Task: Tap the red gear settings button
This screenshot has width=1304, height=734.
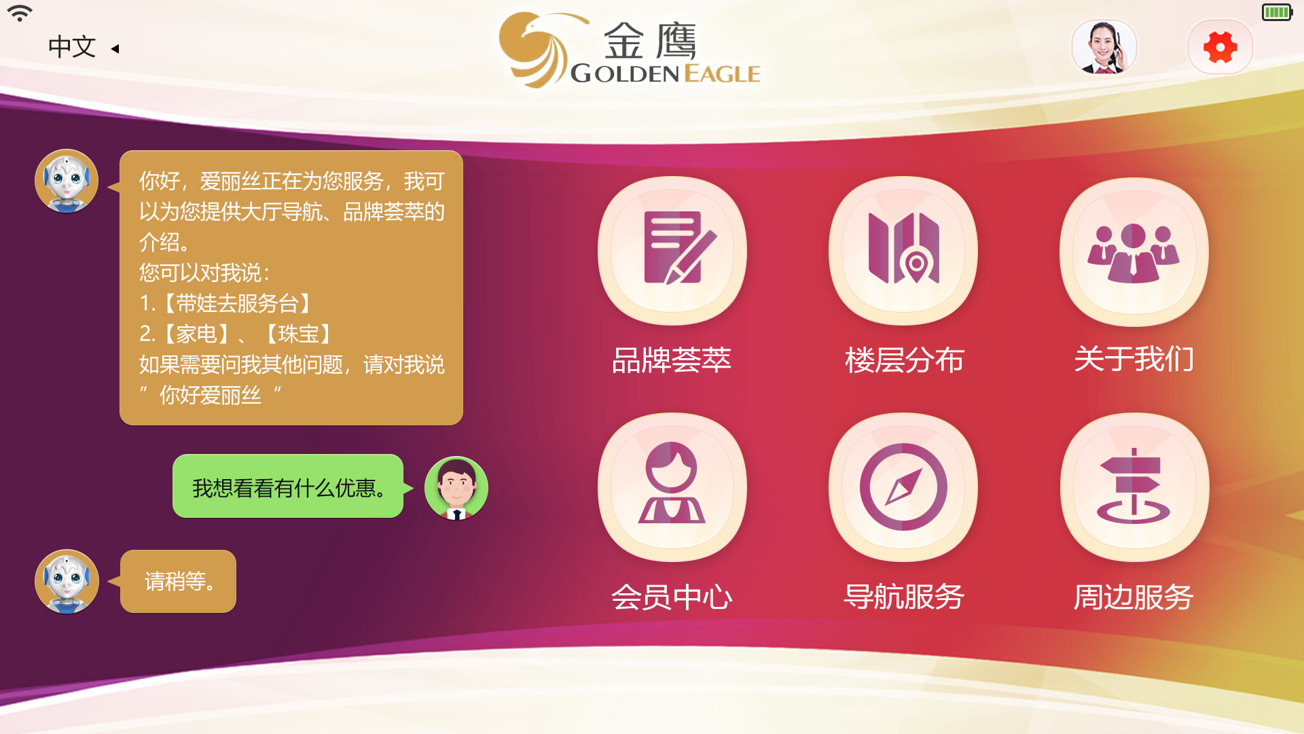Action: click(x=1220, y=48)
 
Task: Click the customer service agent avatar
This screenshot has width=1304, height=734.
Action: click(x=1104, y=47)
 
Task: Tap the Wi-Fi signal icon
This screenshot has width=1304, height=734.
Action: click(x=20, y=13)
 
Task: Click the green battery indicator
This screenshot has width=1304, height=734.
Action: click(x=1277, y=12)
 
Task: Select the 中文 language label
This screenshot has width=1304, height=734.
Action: click(x=72, y=47)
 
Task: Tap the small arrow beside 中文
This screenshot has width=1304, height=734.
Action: click(x=115, y=48)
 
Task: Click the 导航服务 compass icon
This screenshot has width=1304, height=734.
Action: click(x=903, y=487)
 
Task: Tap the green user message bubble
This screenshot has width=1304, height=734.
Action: click(x=288, y=487)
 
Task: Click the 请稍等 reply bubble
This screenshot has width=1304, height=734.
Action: click(x=178, y=581)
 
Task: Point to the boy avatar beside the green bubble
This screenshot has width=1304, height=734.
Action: click(x=456, y=488)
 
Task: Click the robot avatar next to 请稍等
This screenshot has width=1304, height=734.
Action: click(x=67, y=582)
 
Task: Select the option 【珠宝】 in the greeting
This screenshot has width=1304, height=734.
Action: click(x=297, y=334)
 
